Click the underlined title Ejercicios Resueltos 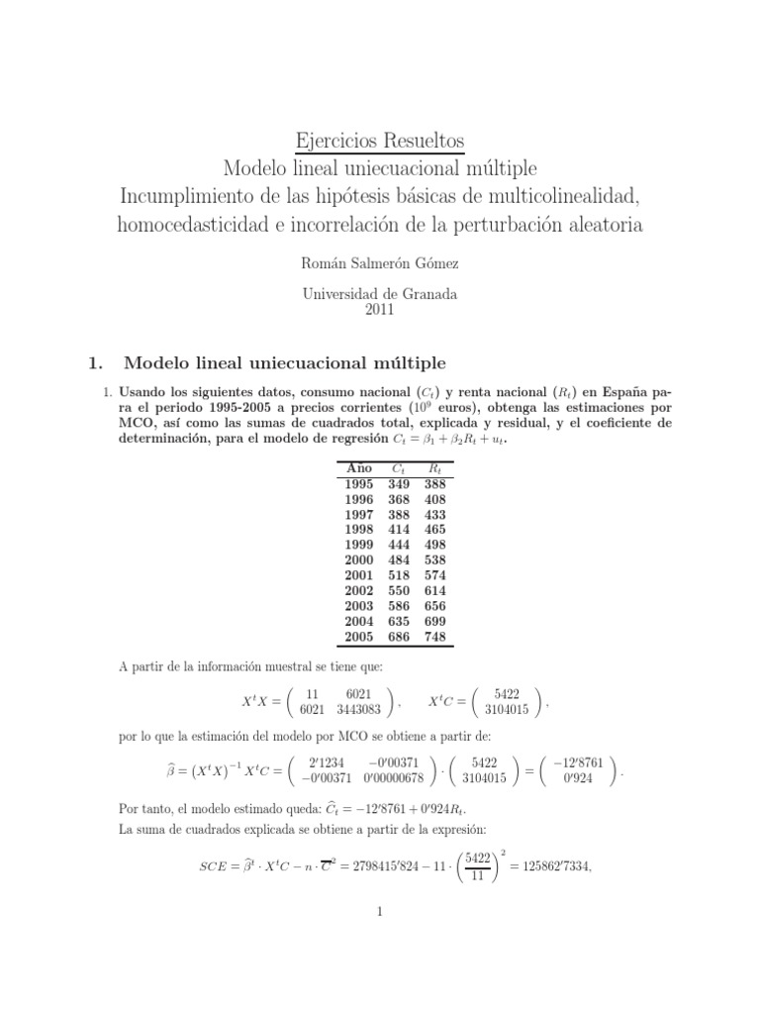click(380, 138)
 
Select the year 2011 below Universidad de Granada click(380, 310)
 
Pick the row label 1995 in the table click(359, 484)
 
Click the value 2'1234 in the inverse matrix click(324, 761)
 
